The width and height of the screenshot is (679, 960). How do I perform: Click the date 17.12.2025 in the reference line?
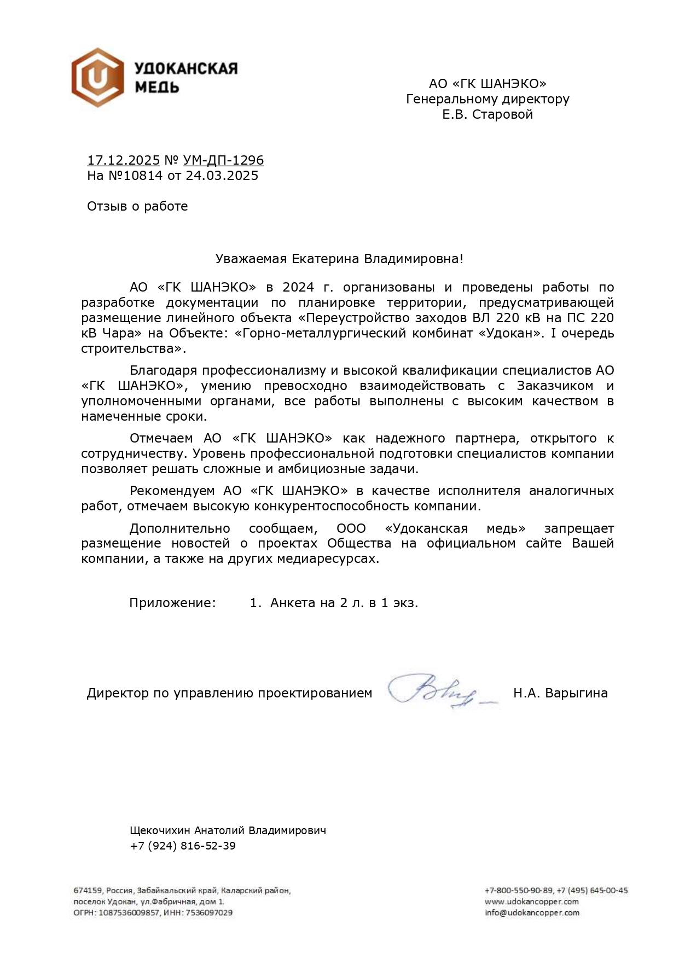[x=123, y=160]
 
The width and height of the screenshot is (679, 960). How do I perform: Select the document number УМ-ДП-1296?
[x=223, y=160]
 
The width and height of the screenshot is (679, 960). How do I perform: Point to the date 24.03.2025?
[x=222, y=176]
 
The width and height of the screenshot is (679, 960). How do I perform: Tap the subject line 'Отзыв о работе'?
[x=137, y=206]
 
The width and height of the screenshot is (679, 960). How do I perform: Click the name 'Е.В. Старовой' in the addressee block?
[x=488, y=114]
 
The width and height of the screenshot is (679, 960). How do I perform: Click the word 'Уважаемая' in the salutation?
[x=243, y=259]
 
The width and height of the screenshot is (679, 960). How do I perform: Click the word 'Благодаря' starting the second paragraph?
[x=163, y=370]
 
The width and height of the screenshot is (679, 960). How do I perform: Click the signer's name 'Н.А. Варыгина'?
[x=560, y=693]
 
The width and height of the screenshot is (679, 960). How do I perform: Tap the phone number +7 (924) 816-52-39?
[x=183, y=846]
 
